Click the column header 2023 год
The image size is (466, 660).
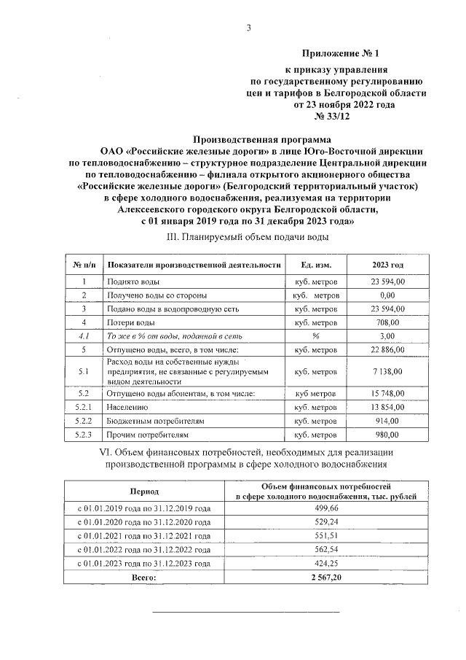point(387,264)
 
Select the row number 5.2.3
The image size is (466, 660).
point(84,435)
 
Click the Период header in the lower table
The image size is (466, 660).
point(144,492)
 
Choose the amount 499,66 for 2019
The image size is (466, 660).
point(325,508)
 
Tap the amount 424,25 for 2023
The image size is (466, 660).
point(325,564)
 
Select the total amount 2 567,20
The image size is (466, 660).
point(325,578)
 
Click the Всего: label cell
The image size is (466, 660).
point(144,578)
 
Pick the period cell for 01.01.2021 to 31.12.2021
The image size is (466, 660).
point(144,536)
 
